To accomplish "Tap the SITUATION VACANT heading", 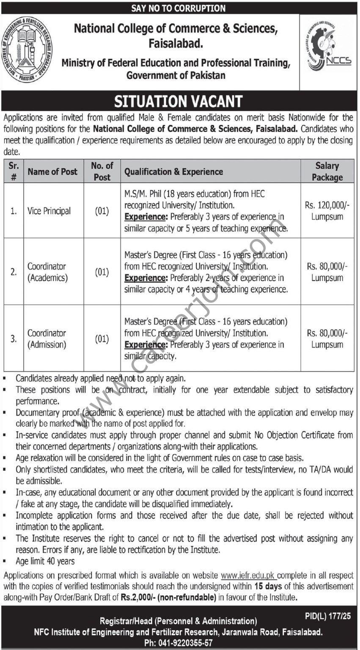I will coord(179,102).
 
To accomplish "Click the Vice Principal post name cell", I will coord(49,211).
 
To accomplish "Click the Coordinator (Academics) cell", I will coord(47,272).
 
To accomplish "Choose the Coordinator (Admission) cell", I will coord(47,339).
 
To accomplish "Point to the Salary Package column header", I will coord(327,171).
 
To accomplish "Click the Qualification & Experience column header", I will coord(173,171).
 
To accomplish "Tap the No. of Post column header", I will coord(102,171).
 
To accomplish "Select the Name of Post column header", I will coord(52,171).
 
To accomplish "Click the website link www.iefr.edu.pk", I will coord(248,576).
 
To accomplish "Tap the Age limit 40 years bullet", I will coord(45,562).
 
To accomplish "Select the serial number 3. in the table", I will coord(14,339).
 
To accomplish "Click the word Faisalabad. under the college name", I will coord(176,42).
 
